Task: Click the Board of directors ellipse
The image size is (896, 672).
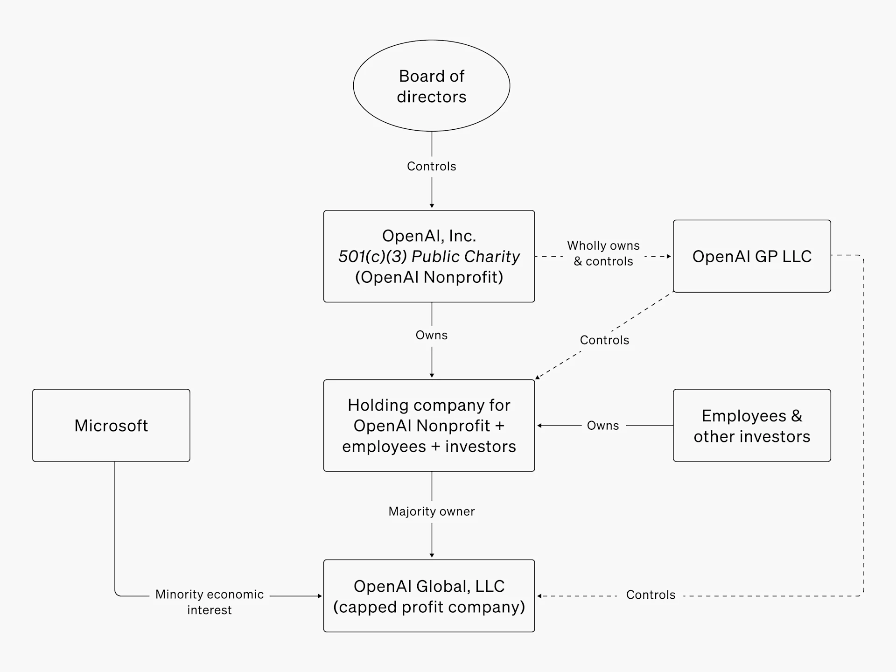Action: point(431,86)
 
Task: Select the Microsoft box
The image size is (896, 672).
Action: point(111,425)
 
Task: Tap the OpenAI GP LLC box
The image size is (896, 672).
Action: point(751,256)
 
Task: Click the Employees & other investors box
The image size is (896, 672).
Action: point(751,425)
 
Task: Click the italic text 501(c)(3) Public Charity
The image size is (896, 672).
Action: point(429,256)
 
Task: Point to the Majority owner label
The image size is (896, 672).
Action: point(431,511)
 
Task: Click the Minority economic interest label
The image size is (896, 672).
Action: point(210,602)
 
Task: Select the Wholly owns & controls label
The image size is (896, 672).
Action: point(603,253)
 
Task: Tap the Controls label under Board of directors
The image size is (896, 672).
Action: point(431,166)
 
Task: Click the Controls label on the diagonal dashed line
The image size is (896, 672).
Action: point(604,340)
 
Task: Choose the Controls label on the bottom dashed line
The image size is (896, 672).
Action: point(651,595)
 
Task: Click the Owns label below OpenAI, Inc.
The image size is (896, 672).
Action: point(431,335)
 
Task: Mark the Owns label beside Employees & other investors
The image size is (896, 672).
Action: point(602,425)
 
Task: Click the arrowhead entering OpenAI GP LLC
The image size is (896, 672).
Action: point(669,256)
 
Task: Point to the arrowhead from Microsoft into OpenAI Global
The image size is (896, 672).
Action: point(320,596)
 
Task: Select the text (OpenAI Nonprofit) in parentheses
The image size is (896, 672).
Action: point(429,277)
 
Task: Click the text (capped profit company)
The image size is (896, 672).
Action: point(429,607)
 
